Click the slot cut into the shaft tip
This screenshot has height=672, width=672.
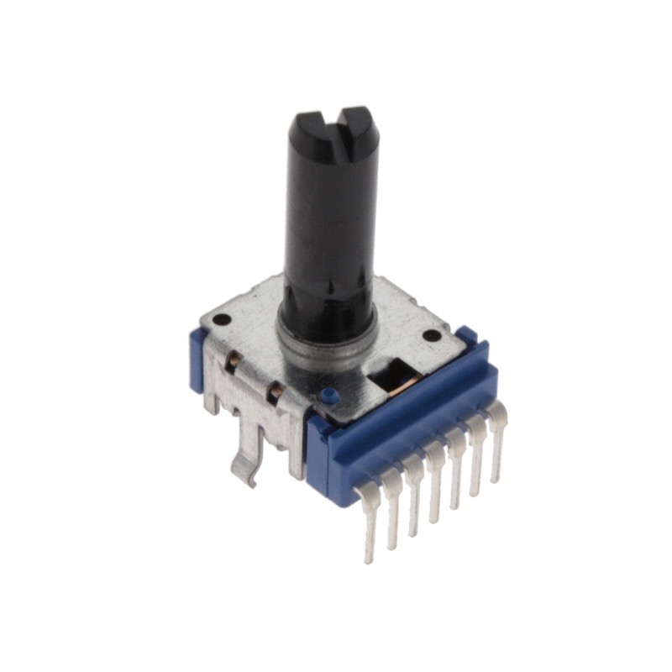coord(335,127)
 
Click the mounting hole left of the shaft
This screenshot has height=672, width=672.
coord(221,320)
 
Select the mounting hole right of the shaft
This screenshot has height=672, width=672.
coord(431,335)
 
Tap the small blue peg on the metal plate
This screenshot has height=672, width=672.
coord(328,394)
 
